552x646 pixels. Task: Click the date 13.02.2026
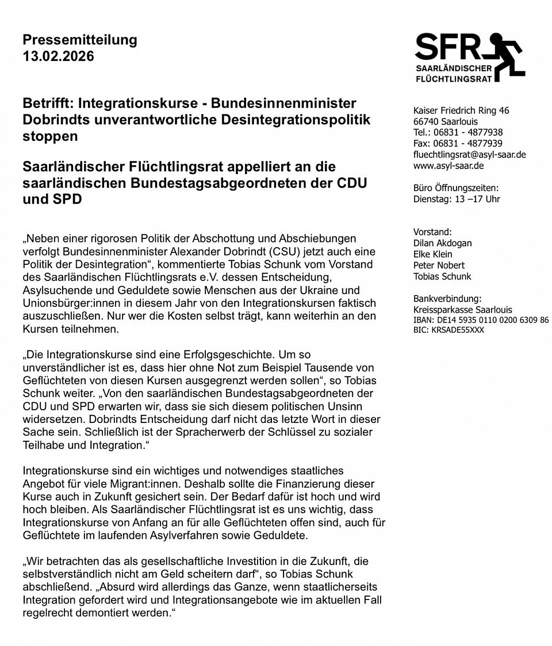[58, 56]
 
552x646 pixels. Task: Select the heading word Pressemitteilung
[80, 40]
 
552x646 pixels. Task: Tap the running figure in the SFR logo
[505, 56]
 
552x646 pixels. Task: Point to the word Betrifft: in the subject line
[48, 103]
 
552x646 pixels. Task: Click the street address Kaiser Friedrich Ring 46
[461, 110]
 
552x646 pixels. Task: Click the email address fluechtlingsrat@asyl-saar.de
[469, 155]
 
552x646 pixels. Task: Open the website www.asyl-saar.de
[448, 166]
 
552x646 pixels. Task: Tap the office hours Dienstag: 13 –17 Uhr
[457, 199]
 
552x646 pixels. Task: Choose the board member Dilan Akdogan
[442, 243]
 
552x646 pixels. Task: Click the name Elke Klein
[432, 254]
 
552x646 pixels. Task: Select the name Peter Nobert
[439, 265]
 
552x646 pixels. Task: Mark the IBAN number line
[481, 320]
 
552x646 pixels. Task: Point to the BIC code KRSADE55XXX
[448, 330]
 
